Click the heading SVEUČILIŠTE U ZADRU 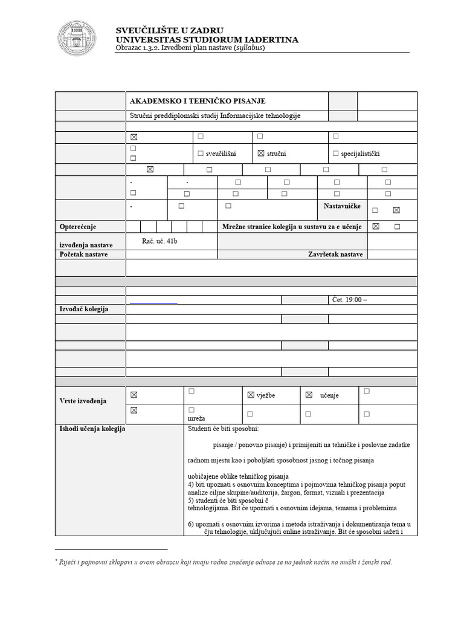point(170,30)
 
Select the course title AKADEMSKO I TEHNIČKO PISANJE point(198,101)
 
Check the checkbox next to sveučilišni point(201,154)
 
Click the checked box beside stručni point(261,154)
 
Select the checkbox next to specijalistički point(335,154)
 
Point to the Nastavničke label point(342,207)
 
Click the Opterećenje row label point(78,227)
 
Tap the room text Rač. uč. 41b point(160,241)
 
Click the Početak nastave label point(83,254)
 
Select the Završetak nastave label point(335,254)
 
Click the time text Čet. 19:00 point(349,299)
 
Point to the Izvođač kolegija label point(83,309)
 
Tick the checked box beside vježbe point(251,395)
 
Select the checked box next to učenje point(309,395)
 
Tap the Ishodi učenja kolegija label point(92,429)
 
